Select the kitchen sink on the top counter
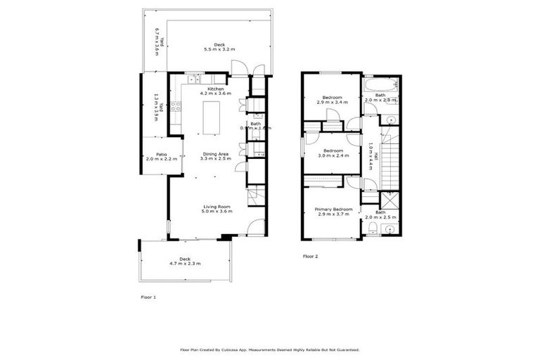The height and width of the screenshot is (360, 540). [x=195, y=82]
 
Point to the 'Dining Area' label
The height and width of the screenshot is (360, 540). [x=215, y=153]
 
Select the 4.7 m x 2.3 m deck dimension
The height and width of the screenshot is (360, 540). [x=185, y=264]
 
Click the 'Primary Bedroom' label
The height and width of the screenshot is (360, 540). [x=333, y=209]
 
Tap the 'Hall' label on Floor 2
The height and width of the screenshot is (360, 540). [x=377, y=159]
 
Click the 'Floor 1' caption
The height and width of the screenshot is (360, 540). [x=148, y=298]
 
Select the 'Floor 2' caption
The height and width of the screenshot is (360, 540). [x=310, y=257]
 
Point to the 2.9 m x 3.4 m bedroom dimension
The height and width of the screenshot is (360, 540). [x=333, y=102]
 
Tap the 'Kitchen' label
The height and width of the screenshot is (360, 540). [x=215, y=89]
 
